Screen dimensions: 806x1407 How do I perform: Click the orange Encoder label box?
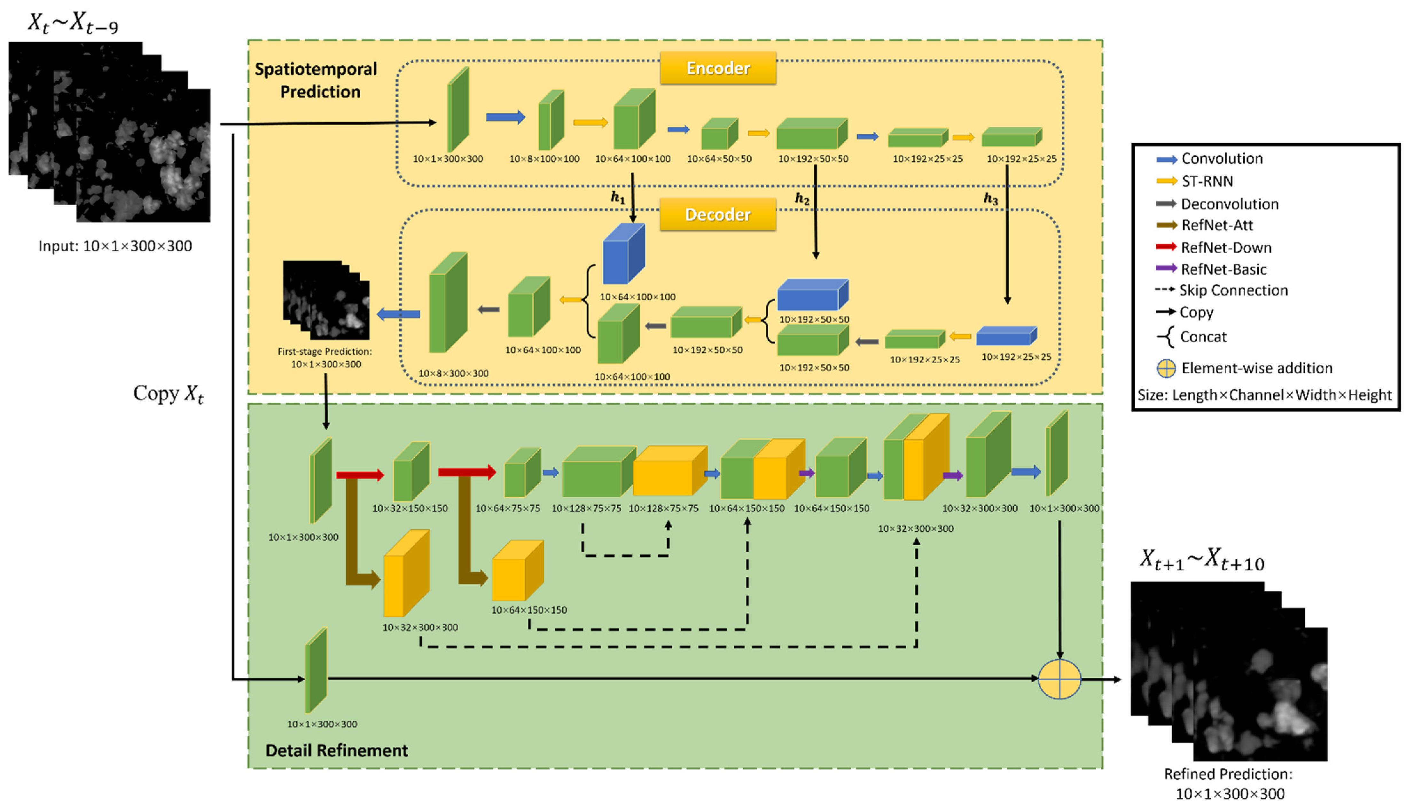pos(718,68)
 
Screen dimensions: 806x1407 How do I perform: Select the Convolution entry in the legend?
pos(1221,159)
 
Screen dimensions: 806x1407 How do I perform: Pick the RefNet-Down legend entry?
pos(1225,248)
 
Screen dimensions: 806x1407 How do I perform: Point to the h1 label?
pos(617,198)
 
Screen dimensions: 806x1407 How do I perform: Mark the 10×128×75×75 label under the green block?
pos(586,508)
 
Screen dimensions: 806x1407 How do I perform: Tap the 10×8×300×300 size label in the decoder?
pos(453,374)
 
